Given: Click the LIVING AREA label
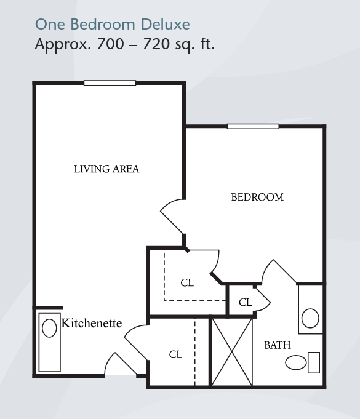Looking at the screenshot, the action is click(x=106, y=169).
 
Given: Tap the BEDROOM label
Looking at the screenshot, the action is click(x=257, y=198).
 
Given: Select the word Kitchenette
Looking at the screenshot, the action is click(x=92, y=323).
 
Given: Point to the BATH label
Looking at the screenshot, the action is click(x=278, y=345).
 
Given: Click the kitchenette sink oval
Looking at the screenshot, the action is click(x=49, y=328).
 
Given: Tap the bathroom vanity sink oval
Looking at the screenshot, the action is click(x=310, y=318).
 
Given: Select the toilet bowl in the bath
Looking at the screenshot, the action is click(x=295, y=362).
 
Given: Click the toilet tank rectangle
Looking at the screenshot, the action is click(x=314, y=362).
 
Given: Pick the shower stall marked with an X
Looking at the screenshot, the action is click(x=232, y=352).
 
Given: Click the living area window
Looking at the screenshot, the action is click(x=110, y=83).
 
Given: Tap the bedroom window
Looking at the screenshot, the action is click(x=253, y=126).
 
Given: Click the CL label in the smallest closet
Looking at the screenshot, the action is click(x=246, y=303).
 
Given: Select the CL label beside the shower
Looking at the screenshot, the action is click(x=175, y=354).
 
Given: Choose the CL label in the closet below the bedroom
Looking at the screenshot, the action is click(x=187, y=283).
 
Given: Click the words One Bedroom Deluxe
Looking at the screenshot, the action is click(x=113, y=25).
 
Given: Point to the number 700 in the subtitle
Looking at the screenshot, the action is click(x=111, y=44).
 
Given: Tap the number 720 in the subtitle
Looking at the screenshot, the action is click(x=156, y=44).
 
